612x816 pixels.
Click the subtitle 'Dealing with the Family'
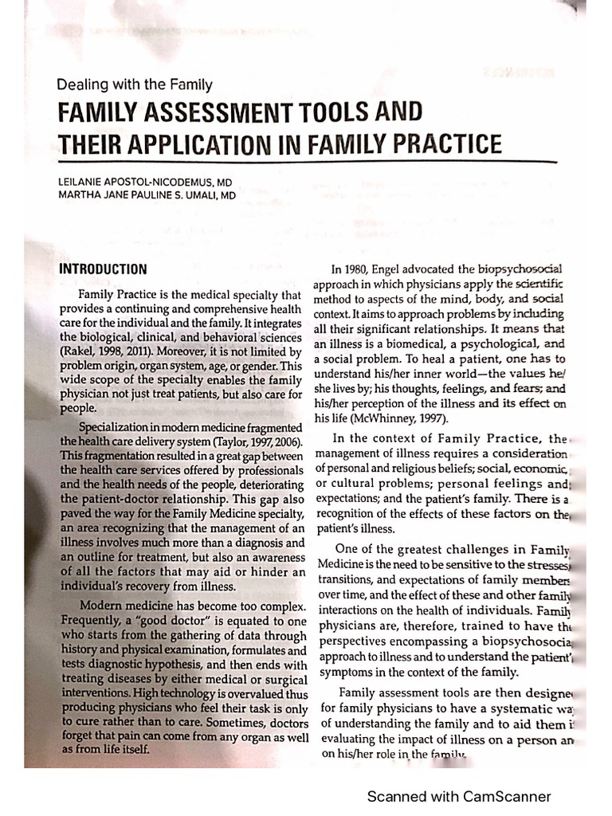[x=135, y=84]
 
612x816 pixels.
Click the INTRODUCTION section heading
[x=103, y=269]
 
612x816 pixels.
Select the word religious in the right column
[x=399, y=468]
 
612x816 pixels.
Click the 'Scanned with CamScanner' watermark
[x=458, y=796]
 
